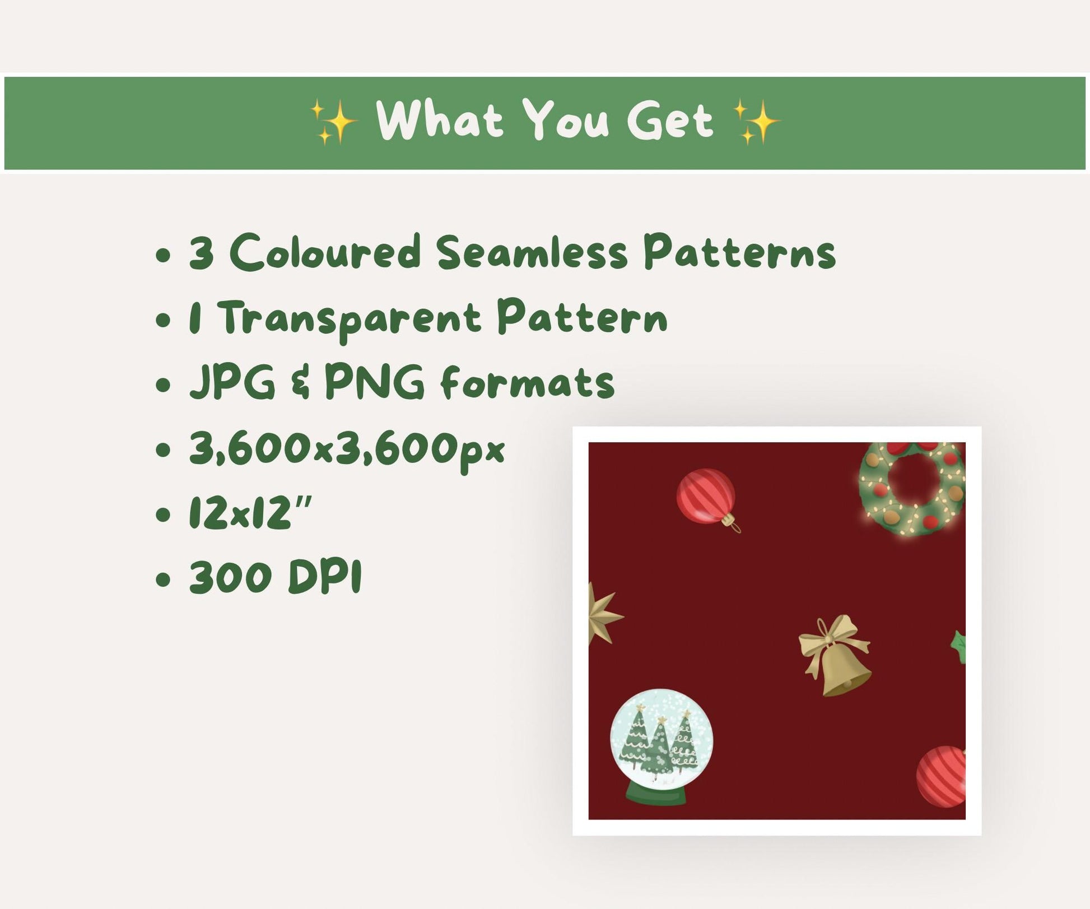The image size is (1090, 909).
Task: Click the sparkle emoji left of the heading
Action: tap(334, 122)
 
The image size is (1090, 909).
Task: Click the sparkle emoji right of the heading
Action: tap(756, 122)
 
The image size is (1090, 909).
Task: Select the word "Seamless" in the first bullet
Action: tap(532, 252)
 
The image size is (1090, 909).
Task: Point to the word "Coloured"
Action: tap(325, 252)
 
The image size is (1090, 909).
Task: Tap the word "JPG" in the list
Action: tap(232, 383)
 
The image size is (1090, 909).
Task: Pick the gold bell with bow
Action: tap(835, 656)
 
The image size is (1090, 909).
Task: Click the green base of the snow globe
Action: tap(656, 794)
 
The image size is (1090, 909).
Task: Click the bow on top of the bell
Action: tap(833, 638)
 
